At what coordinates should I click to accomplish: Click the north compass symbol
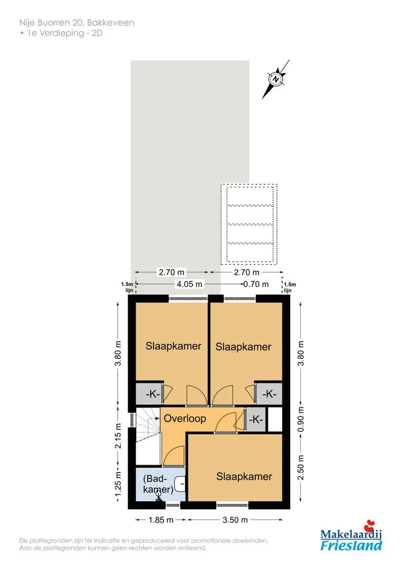276,79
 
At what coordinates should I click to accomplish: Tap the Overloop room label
185,419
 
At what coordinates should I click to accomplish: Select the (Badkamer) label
158,484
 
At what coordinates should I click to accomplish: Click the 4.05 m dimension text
189,284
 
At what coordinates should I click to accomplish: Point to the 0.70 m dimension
256,284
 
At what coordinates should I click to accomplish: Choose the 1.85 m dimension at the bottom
160,520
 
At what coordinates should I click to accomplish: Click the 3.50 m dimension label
235,520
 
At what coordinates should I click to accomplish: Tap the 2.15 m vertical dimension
118,436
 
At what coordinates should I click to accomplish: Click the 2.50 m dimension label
301,467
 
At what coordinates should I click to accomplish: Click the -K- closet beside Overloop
256,420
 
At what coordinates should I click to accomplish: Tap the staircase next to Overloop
148,435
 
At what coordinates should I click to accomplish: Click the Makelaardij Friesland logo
351,536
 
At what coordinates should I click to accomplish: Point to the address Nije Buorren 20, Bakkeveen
76,23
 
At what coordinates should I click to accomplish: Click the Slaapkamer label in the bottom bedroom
244,477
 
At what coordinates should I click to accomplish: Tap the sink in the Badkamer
180,484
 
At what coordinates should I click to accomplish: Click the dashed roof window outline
249,224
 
